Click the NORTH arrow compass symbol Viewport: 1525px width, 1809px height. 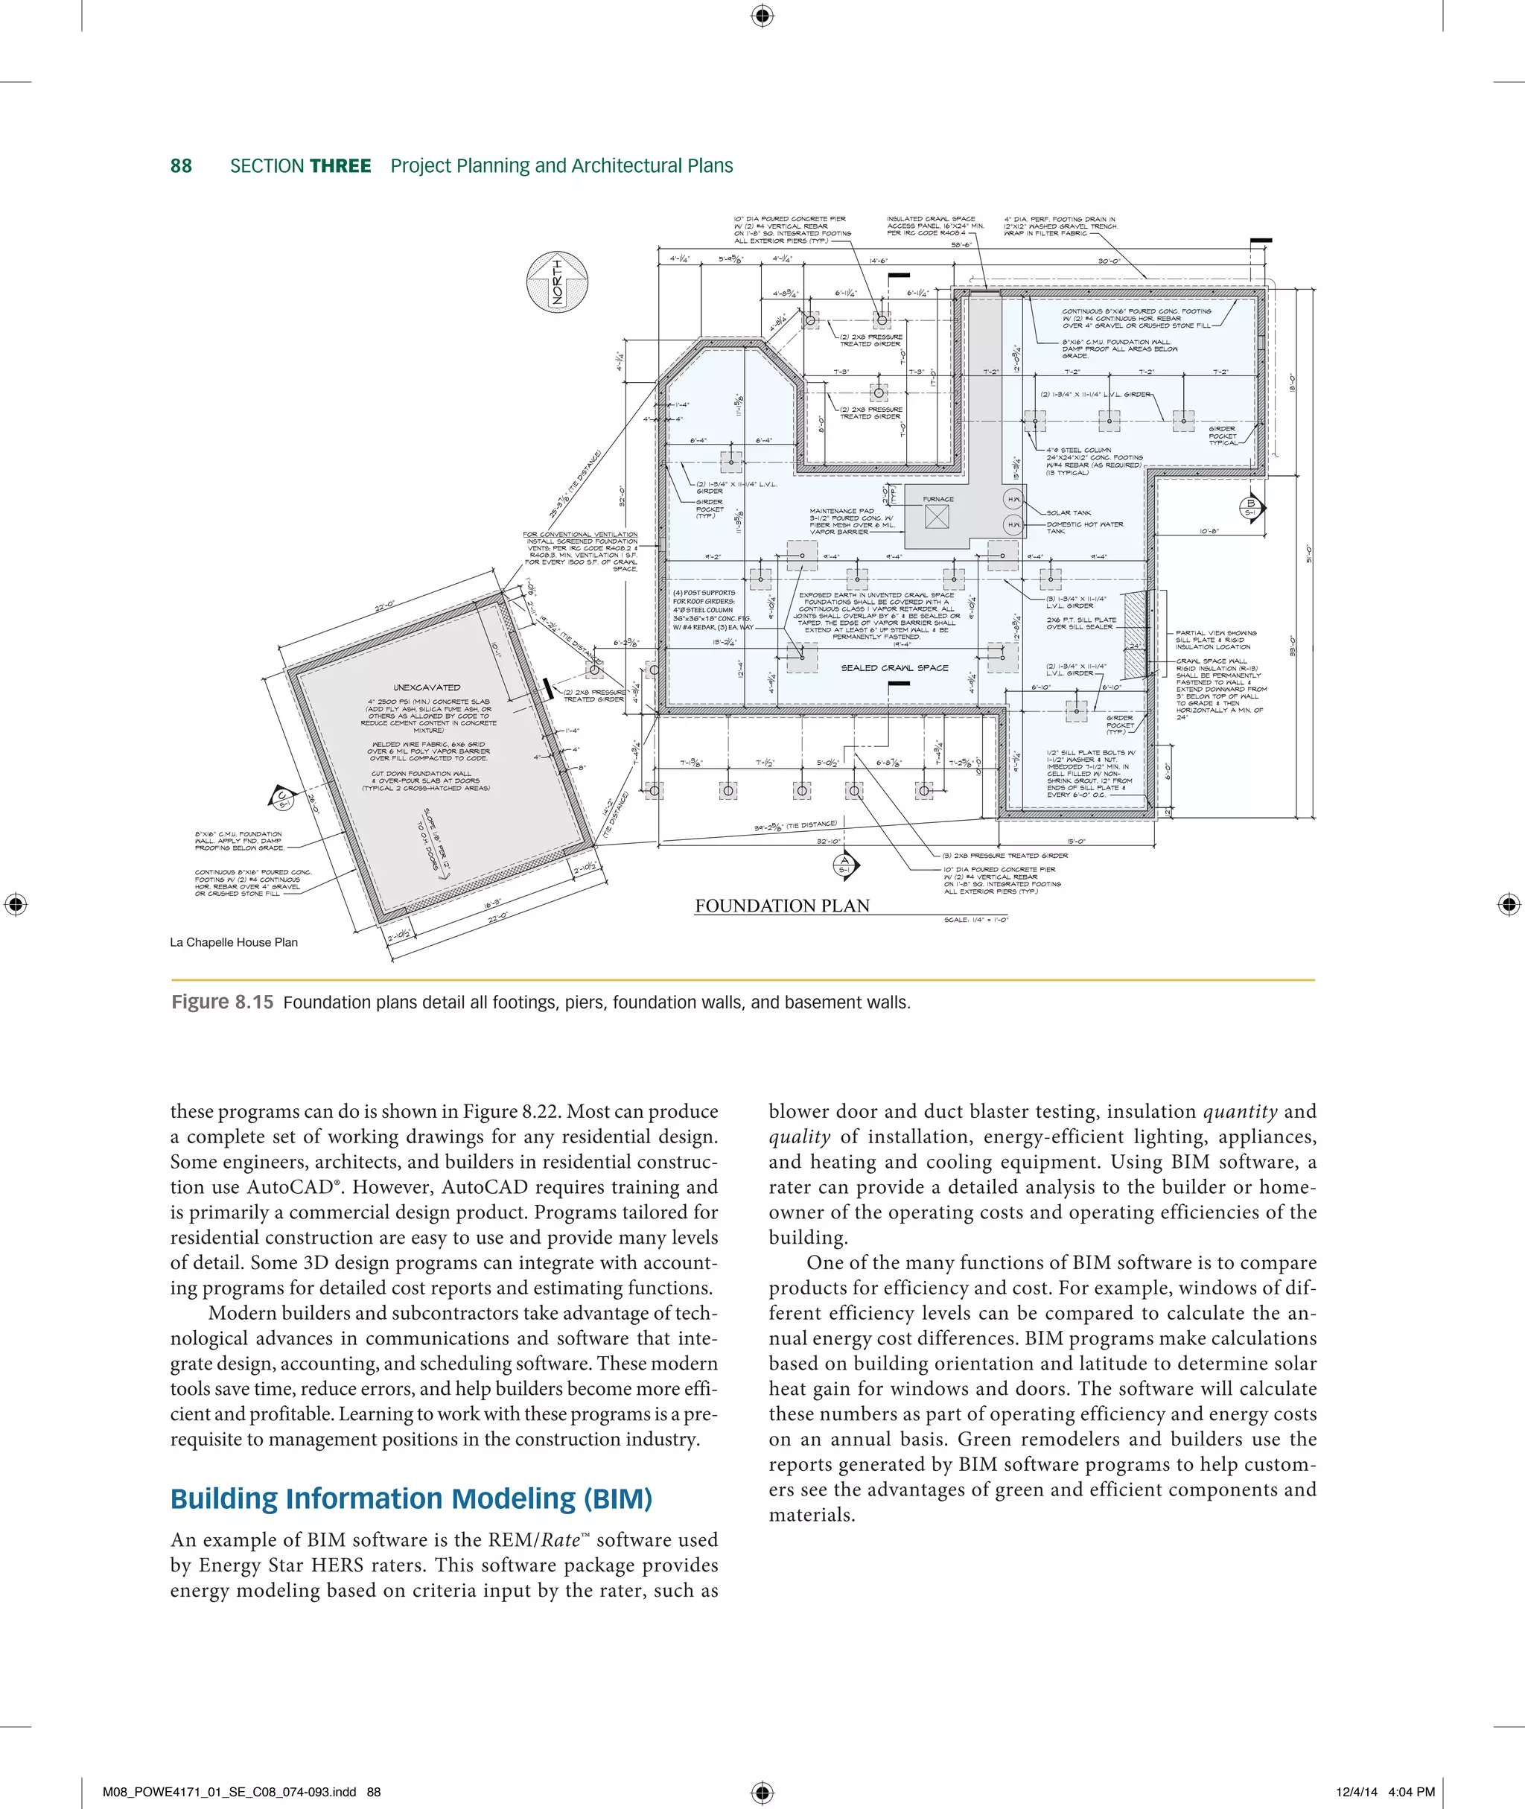pos(558,282)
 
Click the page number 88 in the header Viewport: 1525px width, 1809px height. pos(181,166)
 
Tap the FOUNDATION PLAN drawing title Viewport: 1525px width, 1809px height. pos(782,906)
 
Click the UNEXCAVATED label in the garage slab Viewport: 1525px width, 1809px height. pos(427,687)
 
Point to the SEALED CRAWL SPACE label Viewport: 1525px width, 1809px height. pos(894,667)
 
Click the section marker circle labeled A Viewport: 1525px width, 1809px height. pos(844,864)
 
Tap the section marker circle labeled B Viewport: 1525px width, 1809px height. pos(1250,508)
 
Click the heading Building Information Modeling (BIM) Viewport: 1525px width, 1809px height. pos(410,1498)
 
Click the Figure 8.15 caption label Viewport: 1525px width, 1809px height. pos(222,1002)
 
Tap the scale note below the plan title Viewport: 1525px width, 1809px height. pos(975,920)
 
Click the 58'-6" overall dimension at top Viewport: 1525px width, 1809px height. pos(961,245)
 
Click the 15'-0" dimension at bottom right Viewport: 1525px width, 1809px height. pos(1076,841)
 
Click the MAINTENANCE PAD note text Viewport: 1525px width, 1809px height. pos(841,511)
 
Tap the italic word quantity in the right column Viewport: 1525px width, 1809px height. pos(1240,1112)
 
